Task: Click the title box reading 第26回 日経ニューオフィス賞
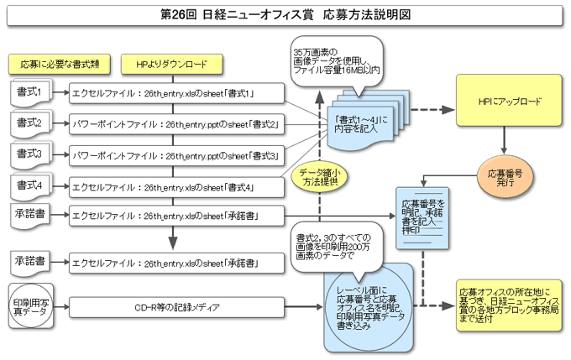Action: click(x=285, y=15)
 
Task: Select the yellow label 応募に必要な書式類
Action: click(x=60, y=65)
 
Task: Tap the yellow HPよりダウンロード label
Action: click(x=172, y=65)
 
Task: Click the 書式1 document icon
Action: click(x=31, y=93)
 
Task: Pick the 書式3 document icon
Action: click(x=31, y=155)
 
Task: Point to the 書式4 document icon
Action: click(x=31, y=186)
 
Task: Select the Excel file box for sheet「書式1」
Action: click(x=176, y=93)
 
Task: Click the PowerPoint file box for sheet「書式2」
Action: click(x=176, y=124)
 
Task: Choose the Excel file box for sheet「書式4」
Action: click(x=176, y=187)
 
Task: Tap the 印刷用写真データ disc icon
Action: click(x=31, y=306)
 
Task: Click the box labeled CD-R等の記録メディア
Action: click(x=176, y=308)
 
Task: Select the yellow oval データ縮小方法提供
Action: click(x=320, y=178)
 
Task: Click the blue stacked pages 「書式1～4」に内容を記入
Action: click(x=368, y=120)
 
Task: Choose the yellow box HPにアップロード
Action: click(x=509, y=101)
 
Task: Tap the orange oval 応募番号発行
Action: click(x=506, y=177)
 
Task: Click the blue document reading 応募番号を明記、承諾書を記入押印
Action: click(x=422, y=218)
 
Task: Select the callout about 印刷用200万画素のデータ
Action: click(x=337, y=248)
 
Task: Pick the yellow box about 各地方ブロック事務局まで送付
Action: click(x=509, y=305)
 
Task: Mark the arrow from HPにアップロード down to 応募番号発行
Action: click(x=504, y=140)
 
